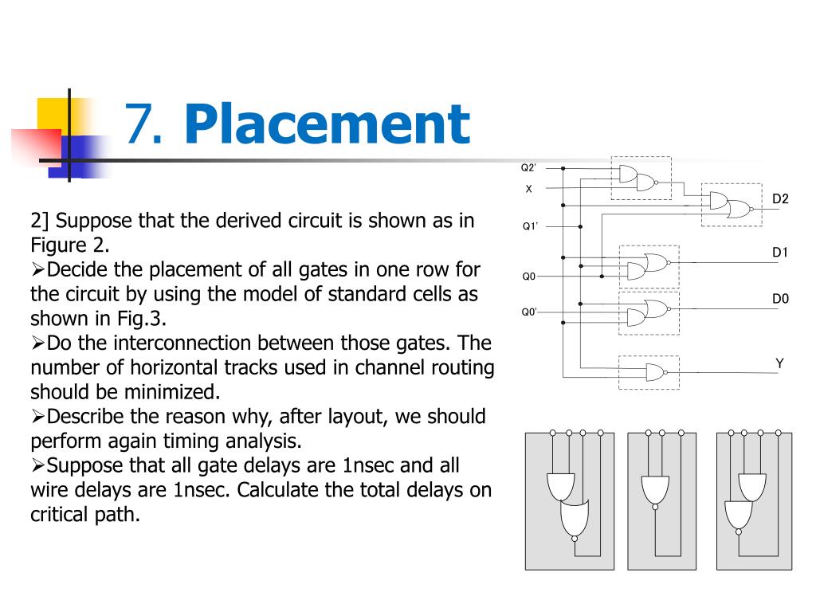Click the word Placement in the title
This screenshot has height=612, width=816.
327,125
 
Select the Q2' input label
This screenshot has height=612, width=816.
528,168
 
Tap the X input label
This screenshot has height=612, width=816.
528,189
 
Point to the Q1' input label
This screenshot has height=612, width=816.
530,226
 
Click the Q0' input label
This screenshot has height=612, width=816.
529,312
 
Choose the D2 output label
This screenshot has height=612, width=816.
780,198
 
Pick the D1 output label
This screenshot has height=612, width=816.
780,253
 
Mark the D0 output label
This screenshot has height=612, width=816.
780,299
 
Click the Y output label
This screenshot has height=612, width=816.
780,363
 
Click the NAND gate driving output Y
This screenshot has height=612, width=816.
655,371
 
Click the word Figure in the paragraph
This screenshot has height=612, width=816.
57,244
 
